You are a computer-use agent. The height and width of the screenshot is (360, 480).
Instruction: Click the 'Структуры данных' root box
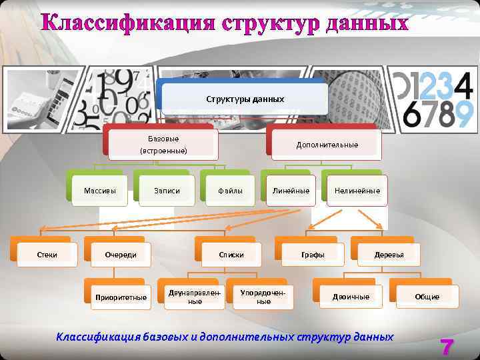245,99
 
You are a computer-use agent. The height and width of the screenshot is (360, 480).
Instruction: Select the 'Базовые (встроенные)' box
163,145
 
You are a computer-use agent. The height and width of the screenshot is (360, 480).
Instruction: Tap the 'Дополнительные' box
327,145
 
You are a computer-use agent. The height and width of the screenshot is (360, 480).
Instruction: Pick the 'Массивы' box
100,191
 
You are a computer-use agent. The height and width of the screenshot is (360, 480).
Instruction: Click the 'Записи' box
167,191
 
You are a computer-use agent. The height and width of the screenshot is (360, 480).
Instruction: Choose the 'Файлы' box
230,191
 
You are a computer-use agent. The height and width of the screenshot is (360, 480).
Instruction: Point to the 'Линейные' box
291,191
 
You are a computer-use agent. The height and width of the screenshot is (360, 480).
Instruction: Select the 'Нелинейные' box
357,191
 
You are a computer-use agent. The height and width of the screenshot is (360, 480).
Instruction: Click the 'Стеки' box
46,255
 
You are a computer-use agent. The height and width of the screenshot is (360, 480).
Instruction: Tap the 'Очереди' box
121,255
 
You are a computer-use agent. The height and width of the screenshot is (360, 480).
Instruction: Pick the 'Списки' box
231,255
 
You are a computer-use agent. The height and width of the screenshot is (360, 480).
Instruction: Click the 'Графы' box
313,255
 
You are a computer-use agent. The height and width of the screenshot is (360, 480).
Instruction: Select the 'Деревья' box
389,255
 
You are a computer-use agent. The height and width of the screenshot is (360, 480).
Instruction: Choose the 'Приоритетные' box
121,297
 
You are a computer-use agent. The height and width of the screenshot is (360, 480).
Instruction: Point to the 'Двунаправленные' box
195,297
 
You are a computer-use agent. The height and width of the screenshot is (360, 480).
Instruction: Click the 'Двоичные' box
351,297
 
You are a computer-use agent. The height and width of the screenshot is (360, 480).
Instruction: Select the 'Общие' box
427,297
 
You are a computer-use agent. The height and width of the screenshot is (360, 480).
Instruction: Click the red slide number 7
446,347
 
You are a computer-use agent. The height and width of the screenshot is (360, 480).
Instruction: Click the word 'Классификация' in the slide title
128,22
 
